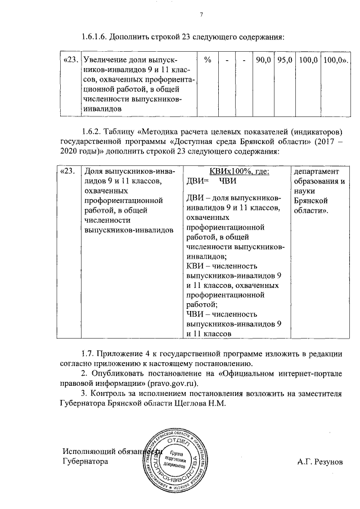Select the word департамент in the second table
tap(314, 172)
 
